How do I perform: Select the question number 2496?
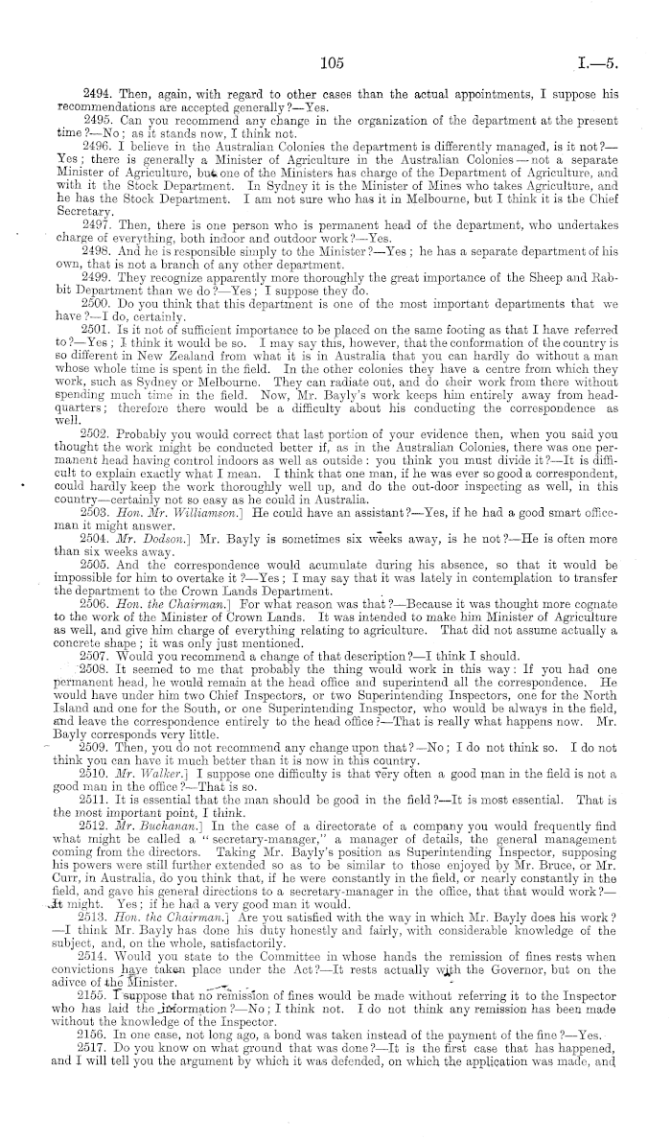click(x=99, y=136)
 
